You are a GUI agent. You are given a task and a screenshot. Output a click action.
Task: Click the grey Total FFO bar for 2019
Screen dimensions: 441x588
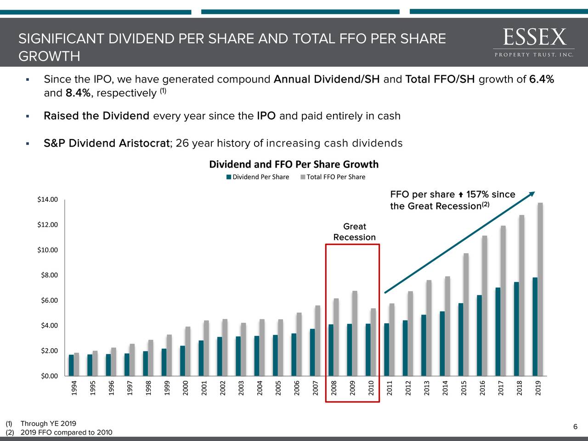pyautogui.click(x=540, y=289)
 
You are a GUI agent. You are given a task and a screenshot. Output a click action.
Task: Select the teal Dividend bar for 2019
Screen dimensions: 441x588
pyautogui.click(x=535, y=327)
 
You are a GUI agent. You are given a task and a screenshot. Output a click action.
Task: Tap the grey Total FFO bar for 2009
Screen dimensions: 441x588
pyautogui.click(x=355, y=334)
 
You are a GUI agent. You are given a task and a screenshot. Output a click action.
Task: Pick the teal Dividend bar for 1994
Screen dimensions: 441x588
pyautogui.click(x=71, y=365)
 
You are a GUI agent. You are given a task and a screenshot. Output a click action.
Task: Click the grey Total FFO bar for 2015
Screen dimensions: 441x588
pyautogui.click(x=466, y=315)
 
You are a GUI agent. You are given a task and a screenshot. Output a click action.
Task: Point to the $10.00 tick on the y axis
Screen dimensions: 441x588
pyautogui.click(x=48, y=250)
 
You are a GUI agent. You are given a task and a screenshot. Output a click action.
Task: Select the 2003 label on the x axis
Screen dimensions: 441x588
pyautogui.click(x=241, y=388)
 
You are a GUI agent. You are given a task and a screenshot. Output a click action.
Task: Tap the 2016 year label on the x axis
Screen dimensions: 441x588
pyautogui.click(x=483, y=388)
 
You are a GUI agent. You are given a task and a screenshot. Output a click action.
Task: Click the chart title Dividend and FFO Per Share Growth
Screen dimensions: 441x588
pyautogui.click(x=294, y=164)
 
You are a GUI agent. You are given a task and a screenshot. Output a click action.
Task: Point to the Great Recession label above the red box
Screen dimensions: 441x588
pyautogui.click(x=354, y=232)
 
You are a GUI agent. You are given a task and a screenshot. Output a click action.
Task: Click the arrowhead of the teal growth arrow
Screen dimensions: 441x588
pyautogui.click(x=532, y=194)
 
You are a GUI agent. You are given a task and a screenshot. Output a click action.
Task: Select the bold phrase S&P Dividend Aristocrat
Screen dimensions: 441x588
pyautogui.click(x=107, y=143)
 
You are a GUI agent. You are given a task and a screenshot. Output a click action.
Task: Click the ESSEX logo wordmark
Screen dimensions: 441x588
pyautogui.click(x=534, y=37)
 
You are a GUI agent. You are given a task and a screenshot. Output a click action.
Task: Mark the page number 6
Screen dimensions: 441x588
pyautogui.click(x=575, y=427)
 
